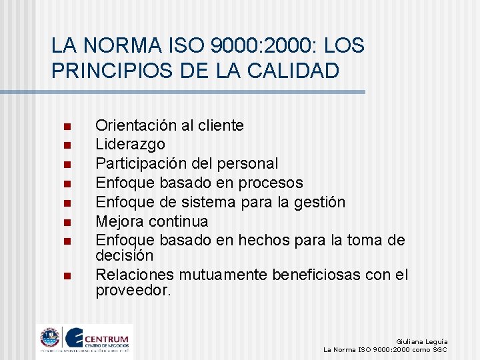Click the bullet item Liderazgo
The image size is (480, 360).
pos(131,144)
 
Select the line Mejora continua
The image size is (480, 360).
pos(152,221)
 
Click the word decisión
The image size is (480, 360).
pos(125,255)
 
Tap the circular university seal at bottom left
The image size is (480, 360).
pos(50,338)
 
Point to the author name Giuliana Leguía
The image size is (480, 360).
pos(421,341)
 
